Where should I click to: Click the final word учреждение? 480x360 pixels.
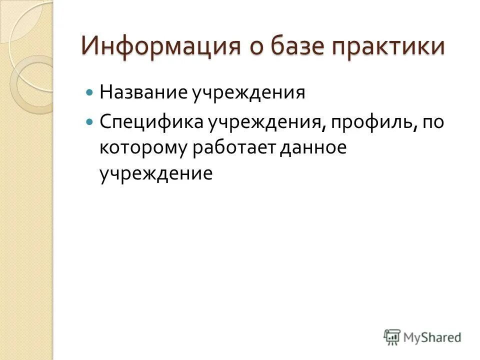[x=156, y=174]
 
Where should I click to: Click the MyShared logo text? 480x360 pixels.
[x=433, y=337]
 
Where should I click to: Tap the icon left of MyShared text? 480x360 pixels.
[x=392, y=337]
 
